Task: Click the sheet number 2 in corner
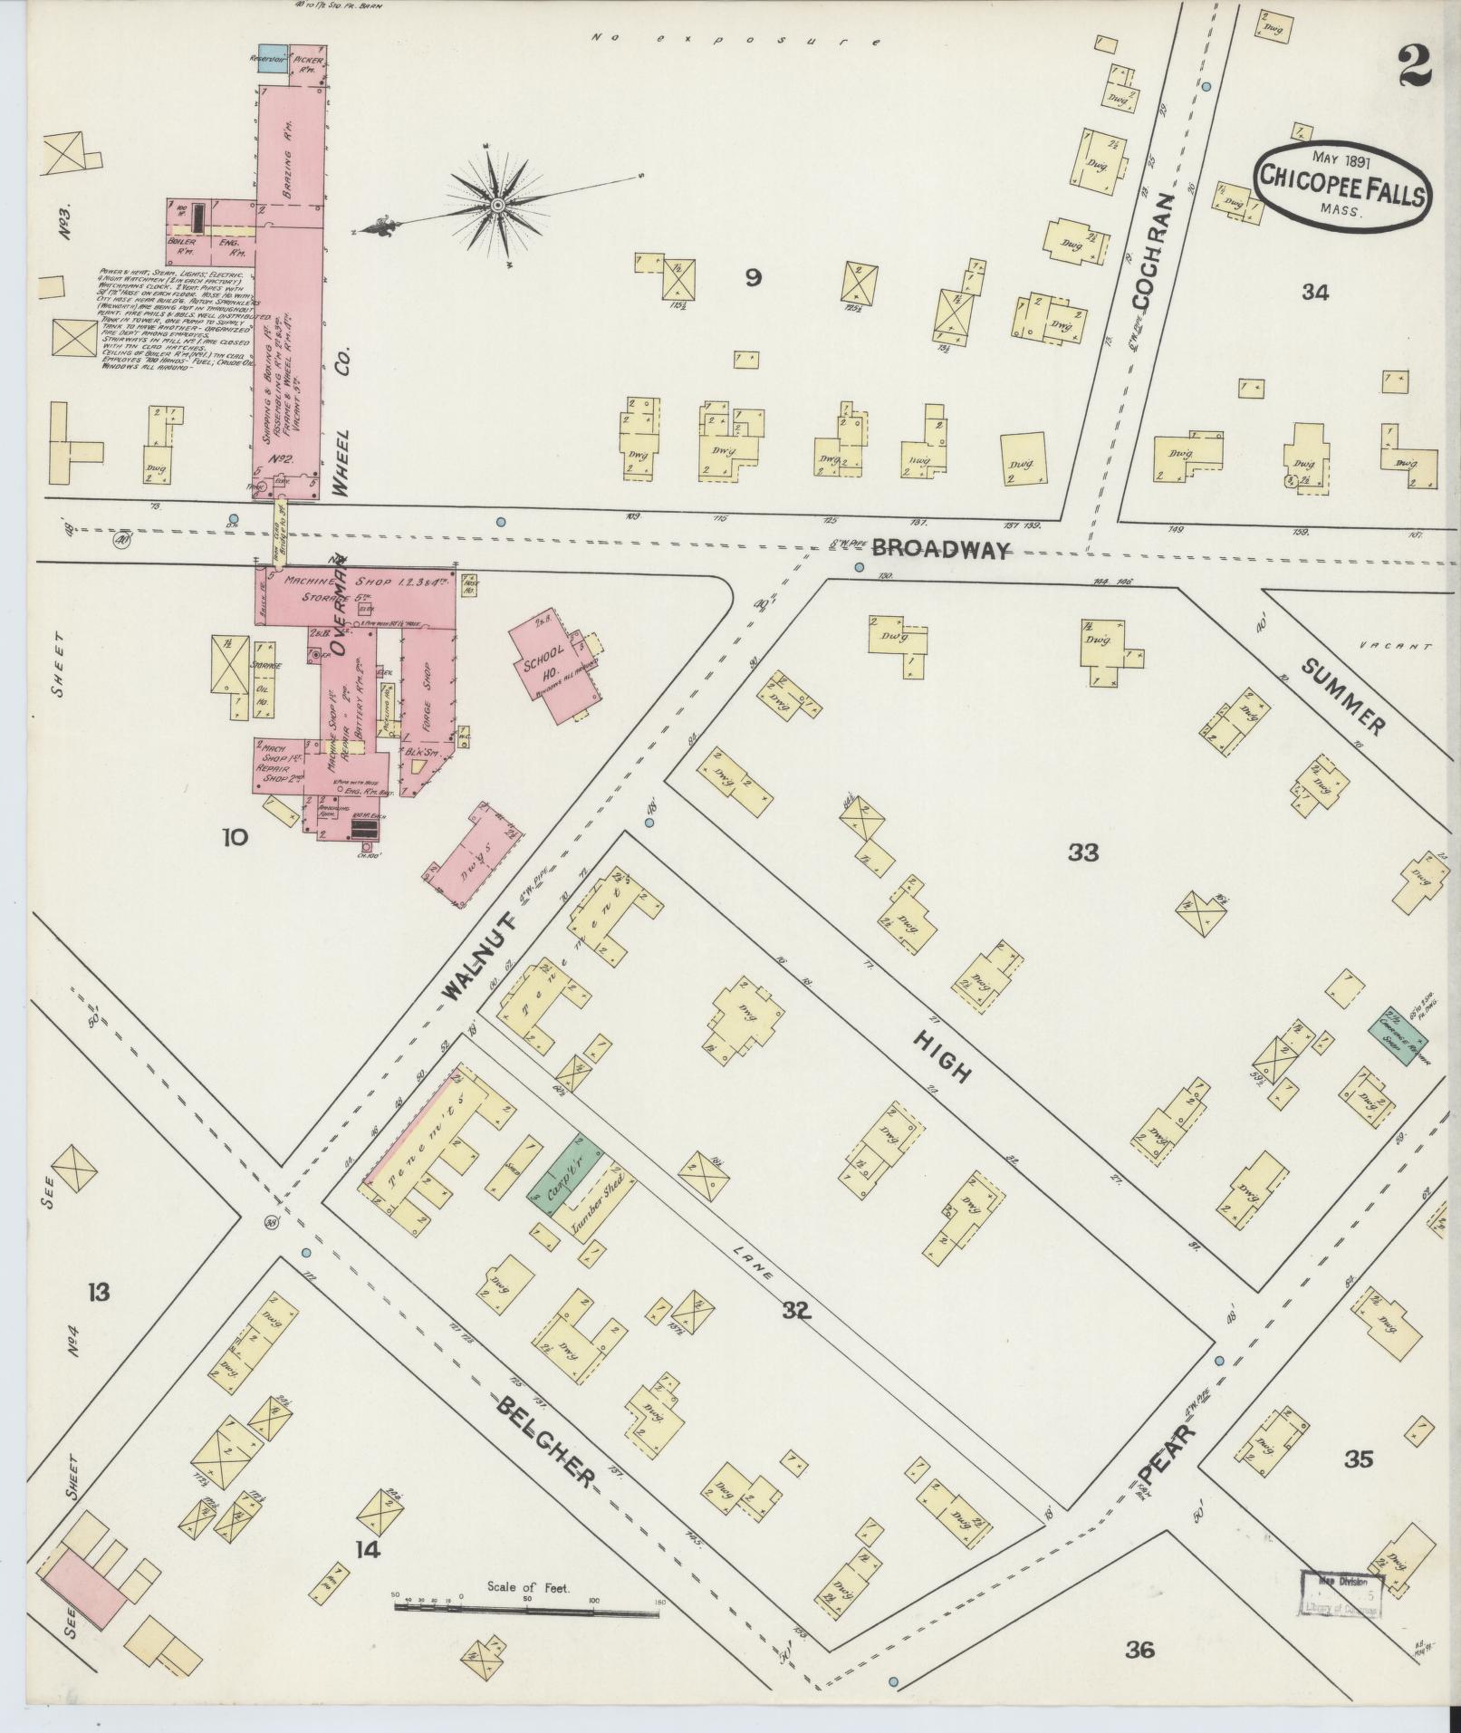tap(1414, 65)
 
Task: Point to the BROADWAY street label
tap(940, 549)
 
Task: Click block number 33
tap(1083, 852)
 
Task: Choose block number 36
tap(1140, 1650)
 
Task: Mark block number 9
tap(752, 278)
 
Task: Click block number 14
tap(368, 1550)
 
